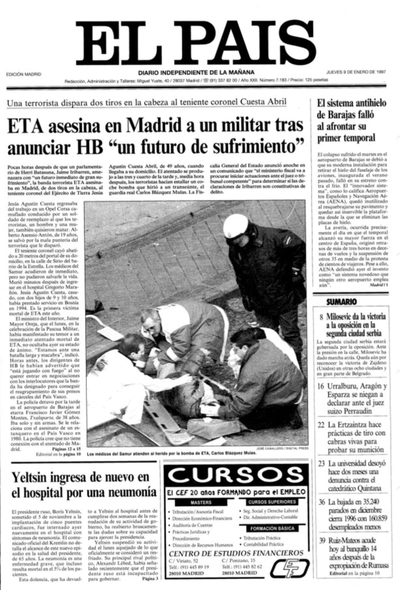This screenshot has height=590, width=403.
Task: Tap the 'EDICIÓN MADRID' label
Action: tap(24, 74)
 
